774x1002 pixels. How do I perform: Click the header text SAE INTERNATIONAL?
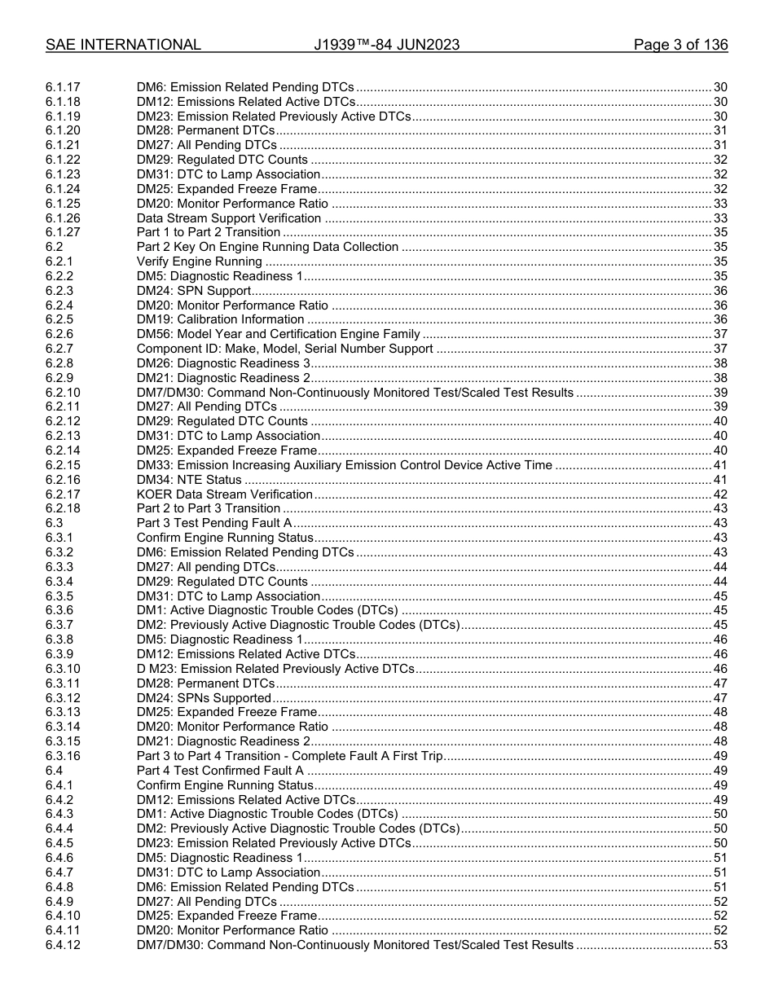click(123, 45)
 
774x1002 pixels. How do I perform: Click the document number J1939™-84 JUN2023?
click(386, 45)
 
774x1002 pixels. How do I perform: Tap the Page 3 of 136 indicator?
click(680, 45)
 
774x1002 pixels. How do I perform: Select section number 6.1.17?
click(63, 87)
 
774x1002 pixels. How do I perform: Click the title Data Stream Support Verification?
click(229, 218)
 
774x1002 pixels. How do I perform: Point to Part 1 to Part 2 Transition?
click(209, 233)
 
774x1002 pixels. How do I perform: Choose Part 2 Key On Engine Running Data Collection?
click(267, 247)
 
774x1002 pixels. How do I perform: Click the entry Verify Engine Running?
click(200, 261)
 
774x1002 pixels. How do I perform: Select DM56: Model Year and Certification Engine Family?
click(278, 334)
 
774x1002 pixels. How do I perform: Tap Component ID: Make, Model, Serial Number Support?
click(284, 349)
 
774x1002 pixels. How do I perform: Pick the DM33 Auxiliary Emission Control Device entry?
click(344, 465)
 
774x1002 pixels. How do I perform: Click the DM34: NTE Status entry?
click(189, 480)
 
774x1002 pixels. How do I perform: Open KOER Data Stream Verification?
click(225, 494)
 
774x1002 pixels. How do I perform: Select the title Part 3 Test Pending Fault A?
click(214, 523)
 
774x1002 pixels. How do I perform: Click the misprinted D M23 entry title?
click(275, 669)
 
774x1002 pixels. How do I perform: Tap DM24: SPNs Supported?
click(204, 698)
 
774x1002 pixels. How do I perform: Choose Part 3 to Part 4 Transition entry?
click(289, 756)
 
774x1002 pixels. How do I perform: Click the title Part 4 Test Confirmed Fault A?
click(220, 771)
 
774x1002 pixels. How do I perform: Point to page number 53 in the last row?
click(720, 945)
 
